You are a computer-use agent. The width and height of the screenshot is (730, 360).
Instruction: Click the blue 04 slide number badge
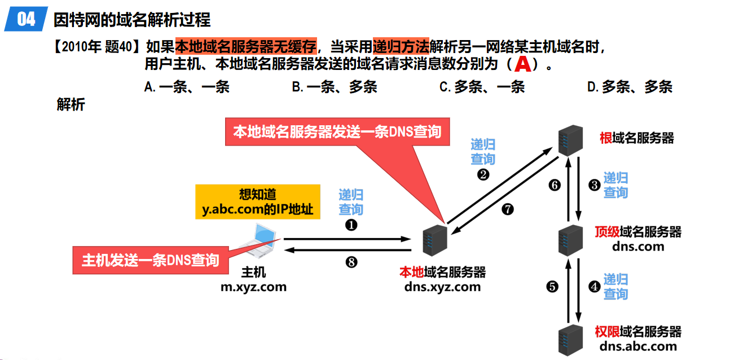click(26, 20)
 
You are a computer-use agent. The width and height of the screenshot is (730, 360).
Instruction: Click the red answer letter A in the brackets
click(523, 64)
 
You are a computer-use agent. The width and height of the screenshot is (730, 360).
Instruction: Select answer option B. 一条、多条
click(334, 87)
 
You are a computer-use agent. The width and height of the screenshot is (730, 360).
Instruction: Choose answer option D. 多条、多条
click(630, 87)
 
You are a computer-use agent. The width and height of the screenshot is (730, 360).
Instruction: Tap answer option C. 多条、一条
click(482, 87)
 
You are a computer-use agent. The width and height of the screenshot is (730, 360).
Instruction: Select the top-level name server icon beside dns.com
click(569, 239)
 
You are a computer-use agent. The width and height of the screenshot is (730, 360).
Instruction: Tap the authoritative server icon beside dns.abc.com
click(569, 339)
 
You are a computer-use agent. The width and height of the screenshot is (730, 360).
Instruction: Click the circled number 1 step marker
click(351, 224)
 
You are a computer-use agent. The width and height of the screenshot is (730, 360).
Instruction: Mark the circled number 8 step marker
click(351, 262)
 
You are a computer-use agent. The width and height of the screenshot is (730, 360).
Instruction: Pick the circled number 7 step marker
click(508, 209)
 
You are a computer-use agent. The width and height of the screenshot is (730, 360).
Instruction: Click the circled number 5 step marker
click(552, 287)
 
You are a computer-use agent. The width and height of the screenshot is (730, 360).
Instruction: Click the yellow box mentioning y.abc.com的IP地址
click(257, 202)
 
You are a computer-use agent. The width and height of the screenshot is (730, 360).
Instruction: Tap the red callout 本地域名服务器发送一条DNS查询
click(337, 131)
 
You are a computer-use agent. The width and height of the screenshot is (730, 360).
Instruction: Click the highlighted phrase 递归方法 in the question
click(401, 45)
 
